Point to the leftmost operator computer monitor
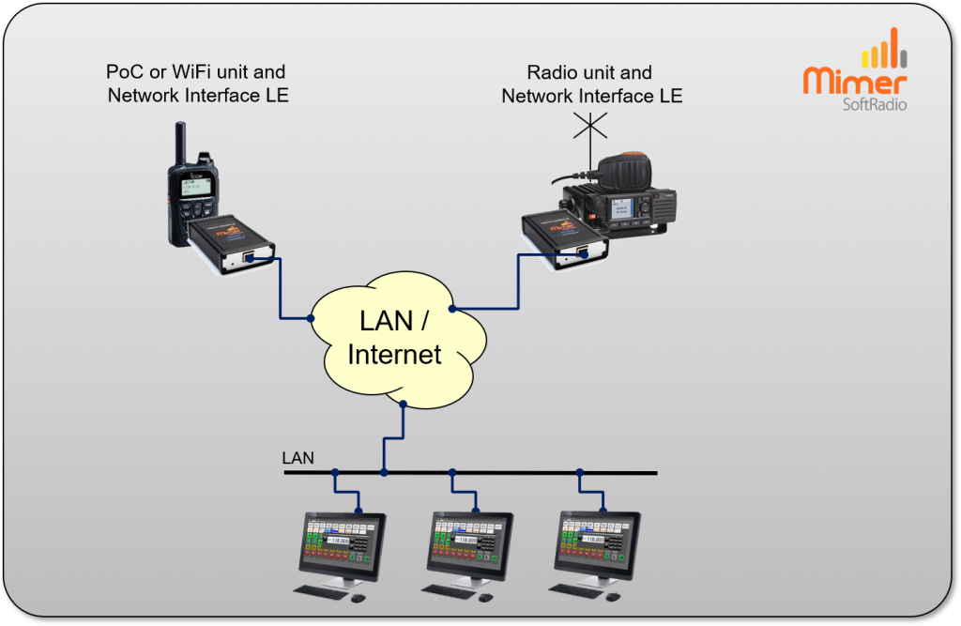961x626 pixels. [342, 544]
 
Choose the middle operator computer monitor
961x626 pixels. [470, 544]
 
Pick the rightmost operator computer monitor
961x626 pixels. [599, 544]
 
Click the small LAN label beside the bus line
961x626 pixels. [298, 459]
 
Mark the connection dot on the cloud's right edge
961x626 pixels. [452, 308]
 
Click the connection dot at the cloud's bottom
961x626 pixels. [403, 405]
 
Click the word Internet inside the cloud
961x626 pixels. [394, 354]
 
